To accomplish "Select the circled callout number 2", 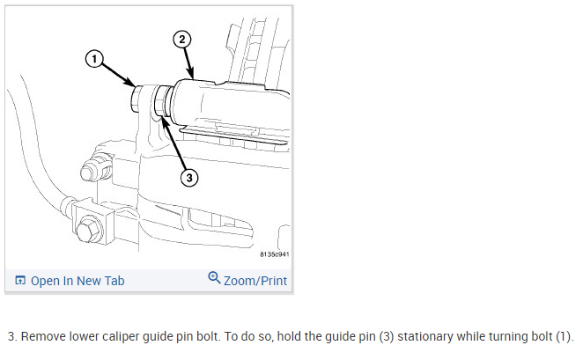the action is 181,40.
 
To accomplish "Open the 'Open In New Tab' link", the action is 77,281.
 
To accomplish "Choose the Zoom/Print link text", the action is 255,281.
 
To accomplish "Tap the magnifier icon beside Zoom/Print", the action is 214,279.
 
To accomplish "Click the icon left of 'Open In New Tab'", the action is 19,282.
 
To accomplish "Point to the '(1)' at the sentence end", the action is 562,336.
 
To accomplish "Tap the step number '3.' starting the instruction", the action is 11,336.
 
